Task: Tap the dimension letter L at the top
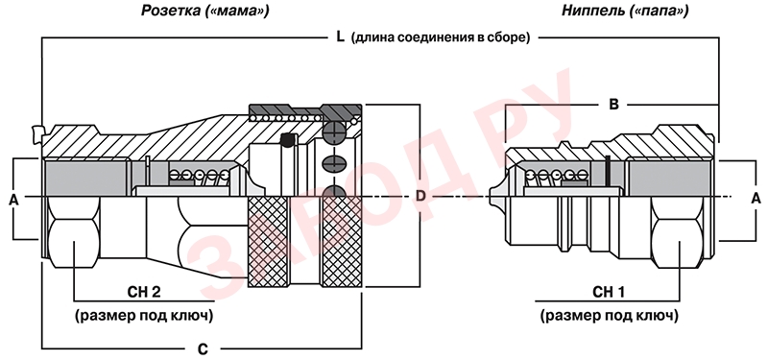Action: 339,37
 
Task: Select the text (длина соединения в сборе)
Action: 442,37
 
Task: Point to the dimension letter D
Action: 420,196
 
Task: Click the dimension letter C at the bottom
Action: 202,348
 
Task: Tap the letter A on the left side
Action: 13,198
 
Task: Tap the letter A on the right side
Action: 755,197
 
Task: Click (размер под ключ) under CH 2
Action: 144,314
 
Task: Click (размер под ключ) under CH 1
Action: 610,314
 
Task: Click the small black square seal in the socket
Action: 286,142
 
